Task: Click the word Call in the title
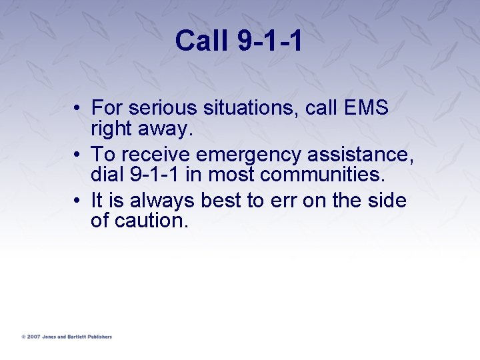[x=201, y=41]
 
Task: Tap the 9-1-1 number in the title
[x=269, y=41]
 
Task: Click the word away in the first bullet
[x=166, y=128]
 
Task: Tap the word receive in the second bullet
[x=158, y=155]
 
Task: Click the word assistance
[x=360, y=155]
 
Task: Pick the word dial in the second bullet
[x=105, y=175]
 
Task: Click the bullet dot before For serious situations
[x=79, y=108]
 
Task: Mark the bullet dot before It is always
[x=79, y=201]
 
